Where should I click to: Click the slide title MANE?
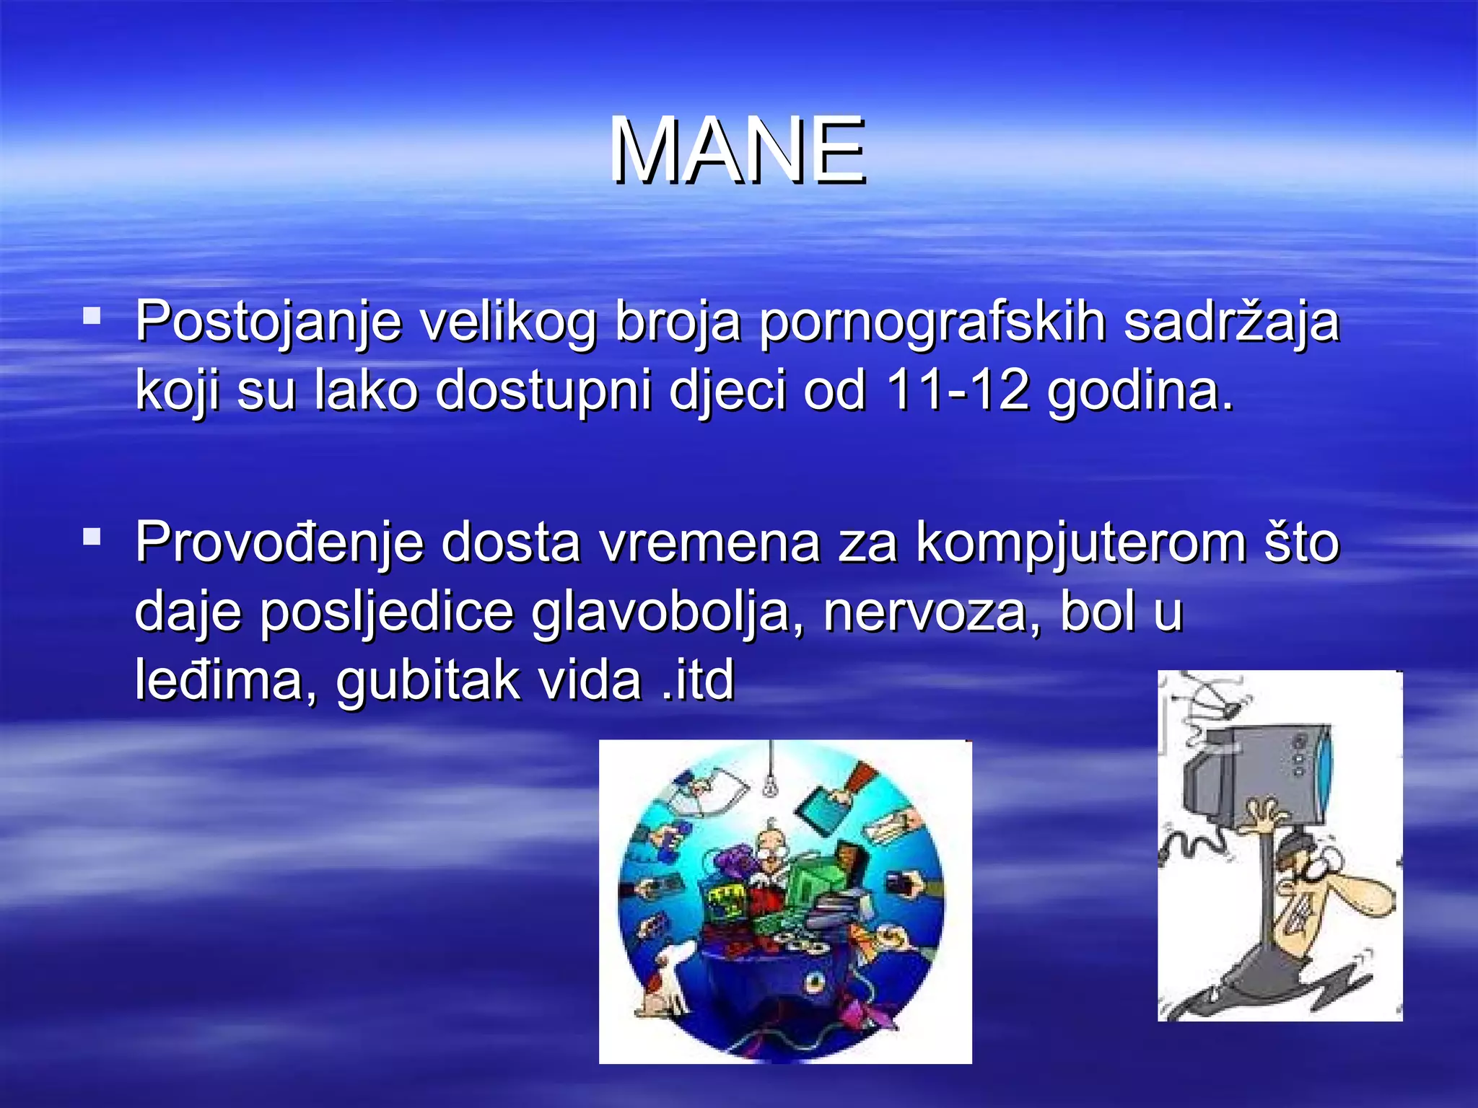(738, 151)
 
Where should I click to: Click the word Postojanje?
(267, 322)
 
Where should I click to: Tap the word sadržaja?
(1231, 322)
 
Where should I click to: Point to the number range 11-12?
(958, 390)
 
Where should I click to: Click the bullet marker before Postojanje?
(92, 315)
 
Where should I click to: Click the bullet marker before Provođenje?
(92, 537)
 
